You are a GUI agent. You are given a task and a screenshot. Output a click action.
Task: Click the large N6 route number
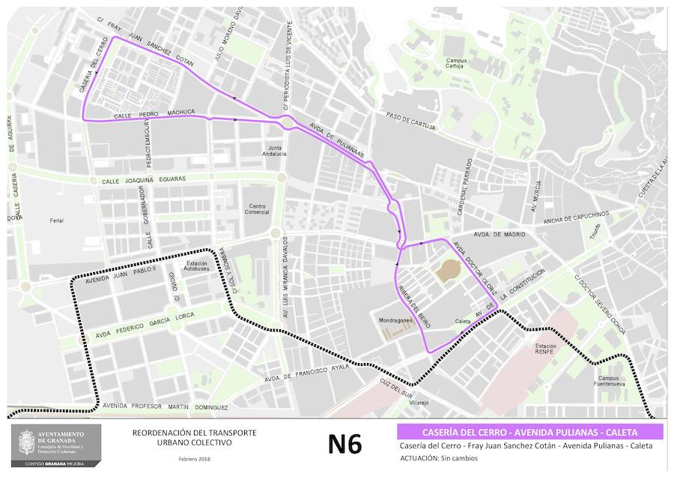click(344, 443)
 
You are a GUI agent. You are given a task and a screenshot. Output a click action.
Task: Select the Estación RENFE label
click(545, 349)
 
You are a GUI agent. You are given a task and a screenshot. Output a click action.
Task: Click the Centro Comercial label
click(258, 208)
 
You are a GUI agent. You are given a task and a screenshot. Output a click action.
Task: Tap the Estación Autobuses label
click(197, 266)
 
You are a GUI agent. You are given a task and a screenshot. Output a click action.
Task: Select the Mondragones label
click(396, 320)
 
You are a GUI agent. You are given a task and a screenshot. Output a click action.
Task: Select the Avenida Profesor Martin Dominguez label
click(165, 406)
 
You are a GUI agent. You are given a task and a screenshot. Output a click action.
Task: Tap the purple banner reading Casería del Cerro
click(529, 432)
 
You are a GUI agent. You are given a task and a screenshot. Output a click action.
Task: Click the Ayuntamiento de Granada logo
click(55, 446)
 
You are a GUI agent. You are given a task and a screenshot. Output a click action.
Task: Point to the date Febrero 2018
click(194, 458)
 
